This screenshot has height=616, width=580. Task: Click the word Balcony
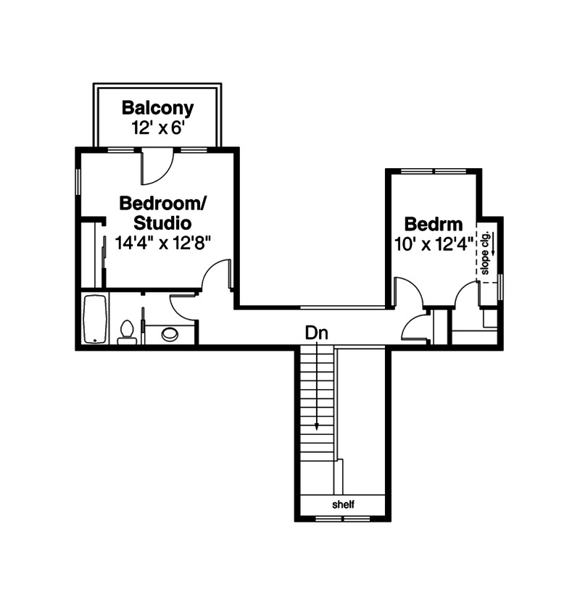[157, 109]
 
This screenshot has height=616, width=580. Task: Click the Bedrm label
[433, 224]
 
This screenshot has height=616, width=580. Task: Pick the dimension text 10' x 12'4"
[433, 244]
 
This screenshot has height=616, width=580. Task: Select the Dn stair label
[317, 334]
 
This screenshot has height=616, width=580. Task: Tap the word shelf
[343, 504]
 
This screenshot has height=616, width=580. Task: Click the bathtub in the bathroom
[95, 320]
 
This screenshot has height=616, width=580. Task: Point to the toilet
[127, 332]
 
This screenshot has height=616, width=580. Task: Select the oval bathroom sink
[170, 334]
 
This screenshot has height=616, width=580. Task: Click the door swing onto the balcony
[157, 167]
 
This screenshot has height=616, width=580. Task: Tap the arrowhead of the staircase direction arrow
[317, 428]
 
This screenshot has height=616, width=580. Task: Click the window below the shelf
[343, 518]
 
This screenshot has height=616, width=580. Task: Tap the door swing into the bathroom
[183, 307]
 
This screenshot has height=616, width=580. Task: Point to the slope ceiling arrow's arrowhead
[493, 253]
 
